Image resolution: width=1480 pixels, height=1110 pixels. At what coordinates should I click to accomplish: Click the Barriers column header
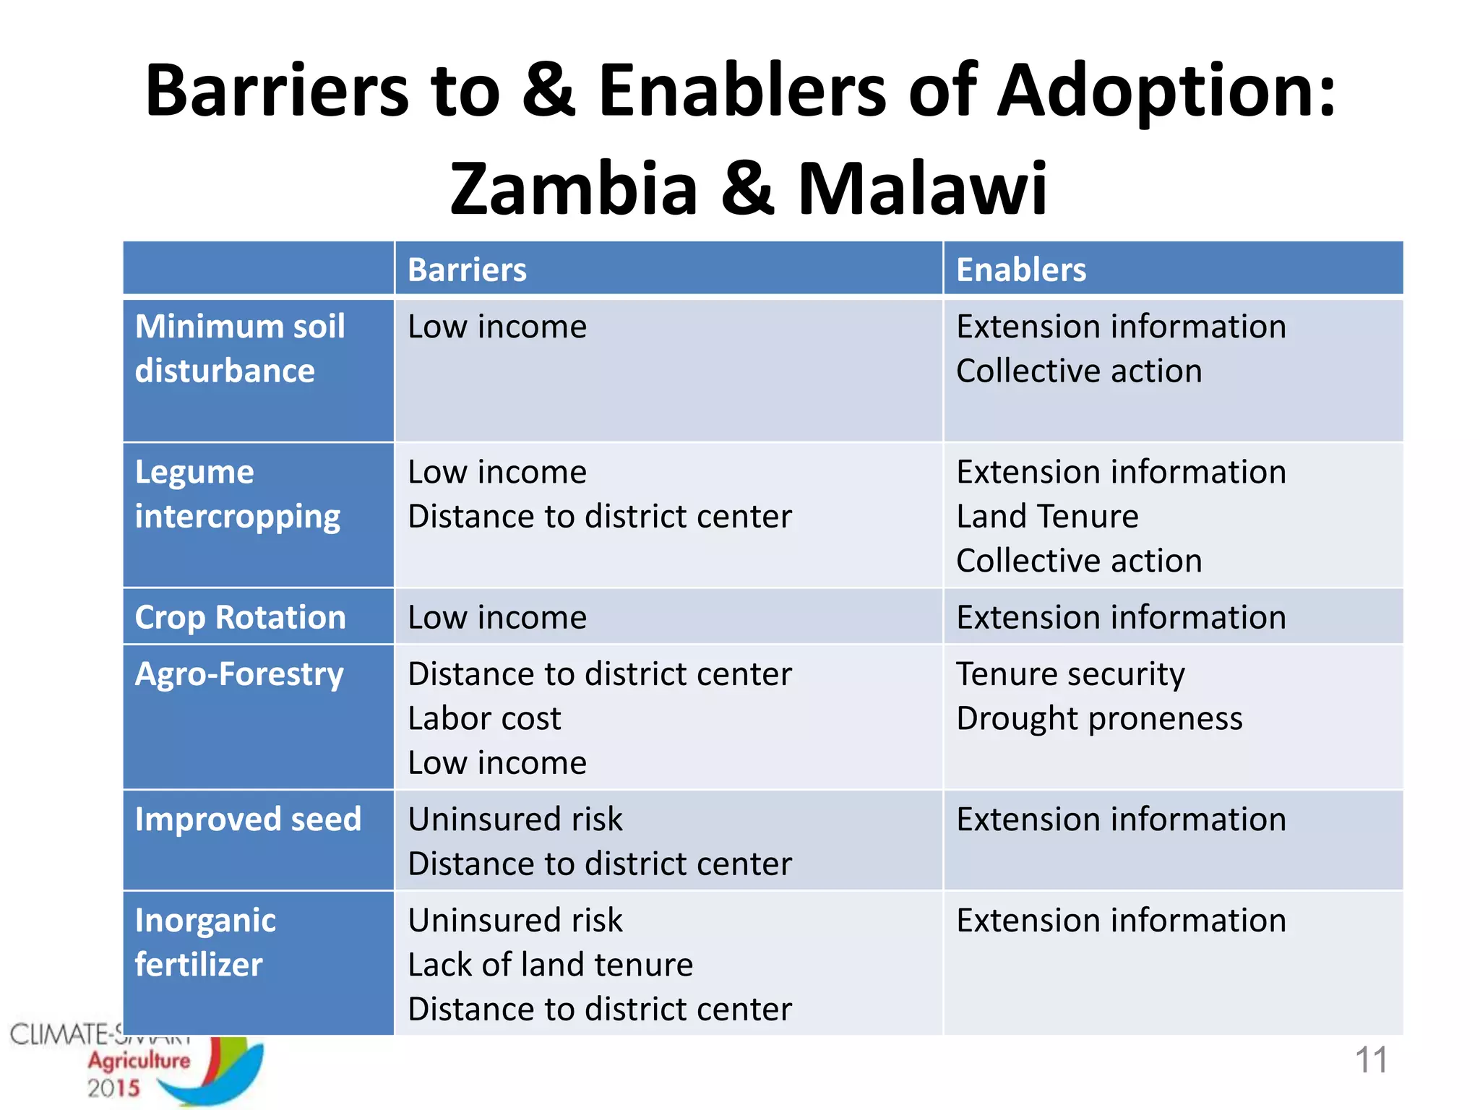pos(467,270)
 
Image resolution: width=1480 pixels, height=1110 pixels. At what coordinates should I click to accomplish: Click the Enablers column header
pos(1020,270)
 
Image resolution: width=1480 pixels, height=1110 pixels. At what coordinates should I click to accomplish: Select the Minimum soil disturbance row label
pos(239,348)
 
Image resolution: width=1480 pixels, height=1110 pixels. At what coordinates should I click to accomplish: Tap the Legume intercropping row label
pos(237,494)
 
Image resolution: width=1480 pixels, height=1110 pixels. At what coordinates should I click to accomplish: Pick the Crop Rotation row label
pos(240,617)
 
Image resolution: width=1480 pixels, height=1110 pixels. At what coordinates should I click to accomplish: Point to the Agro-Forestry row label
pos(239,674)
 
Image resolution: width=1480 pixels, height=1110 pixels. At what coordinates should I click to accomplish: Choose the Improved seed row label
pos(247,819)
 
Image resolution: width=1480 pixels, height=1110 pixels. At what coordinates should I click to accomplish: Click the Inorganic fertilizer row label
pos(205,942)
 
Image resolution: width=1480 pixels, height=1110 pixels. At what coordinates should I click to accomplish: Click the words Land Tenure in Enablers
pos(1047,517)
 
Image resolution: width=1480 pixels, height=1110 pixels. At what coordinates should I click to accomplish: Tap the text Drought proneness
pos(1099,718)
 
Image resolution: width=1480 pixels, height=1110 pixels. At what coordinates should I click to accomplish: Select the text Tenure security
pos(1070,674)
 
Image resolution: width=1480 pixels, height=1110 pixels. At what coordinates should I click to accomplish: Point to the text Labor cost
pos(484,718)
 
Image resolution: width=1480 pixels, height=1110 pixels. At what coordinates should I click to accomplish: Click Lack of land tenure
pos(550,965)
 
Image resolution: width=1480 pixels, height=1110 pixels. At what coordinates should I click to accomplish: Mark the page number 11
pos(1371,1060)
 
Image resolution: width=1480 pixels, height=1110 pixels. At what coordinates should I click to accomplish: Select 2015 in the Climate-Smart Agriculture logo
pos(113,1088)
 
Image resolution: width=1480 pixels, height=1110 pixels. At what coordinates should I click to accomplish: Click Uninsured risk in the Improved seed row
pos(515,819)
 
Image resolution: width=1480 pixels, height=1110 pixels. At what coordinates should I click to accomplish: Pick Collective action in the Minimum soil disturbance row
pos(1079,371)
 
